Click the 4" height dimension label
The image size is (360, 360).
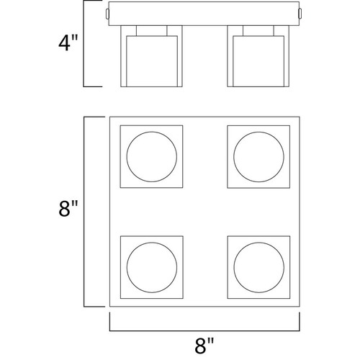click(x=68, y=43)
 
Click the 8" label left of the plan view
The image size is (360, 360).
click(x=68, y=209)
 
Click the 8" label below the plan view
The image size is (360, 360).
click(x=204, y=346)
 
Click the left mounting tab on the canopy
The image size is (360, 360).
click(x=107, y=14)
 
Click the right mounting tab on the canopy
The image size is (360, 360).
click(x=300, y=13)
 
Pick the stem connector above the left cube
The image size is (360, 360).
click(x=151, y=31)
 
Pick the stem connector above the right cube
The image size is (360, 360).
click(x=258, y=31)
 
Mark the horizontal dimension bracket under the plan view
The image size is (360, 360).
click(x=204, y=331)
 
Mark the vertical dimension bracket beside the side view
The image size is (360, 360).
click(x=84, y=43)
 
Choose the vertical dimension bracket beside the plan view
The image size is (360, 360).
click(x=84, y=212)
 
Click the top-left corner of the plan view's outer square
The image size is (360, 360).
click(x=109, y=117)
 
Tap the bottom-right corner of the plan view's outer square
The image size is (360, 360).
click(x=300, y=307)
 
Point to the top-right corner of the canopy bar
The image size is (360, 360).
click(x=300, y=2)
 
